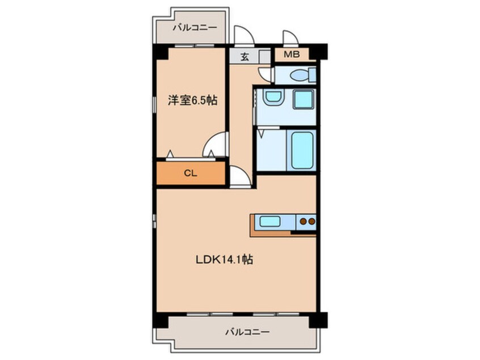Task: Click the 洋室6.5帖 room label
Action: click(192, 101)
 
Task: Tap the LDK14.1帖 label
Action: click(224, 261)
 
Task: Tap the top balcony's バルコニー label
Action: click(190, 27)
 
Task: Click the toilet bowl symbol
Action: click(299, 75)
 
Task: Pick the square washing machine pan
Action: click(303, 99)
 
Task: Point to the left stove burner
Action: click(303, 222)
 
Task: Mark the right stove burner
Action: click(311, 222)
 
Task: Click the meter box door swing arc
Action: click(290, 37)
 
